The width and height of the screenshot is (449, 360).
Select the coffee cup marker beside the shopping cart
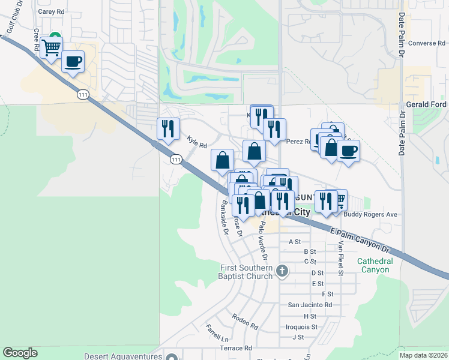[73, 62]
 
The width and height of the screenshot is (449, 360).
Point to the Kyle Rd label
[196, 142]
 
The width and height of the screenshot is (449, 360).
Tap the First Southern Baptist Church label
[246, 272]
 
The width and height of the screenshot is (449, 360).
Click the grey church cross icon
[282, 272]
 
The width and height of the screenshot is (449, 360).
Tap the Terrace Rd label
[236, 348]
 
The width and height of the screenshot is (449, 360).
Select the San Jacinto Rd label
[310, 305]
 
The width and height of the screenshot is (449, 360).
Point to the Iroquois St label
[301, 327]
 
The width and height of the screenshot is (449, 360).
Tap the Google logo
[20, 353]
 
